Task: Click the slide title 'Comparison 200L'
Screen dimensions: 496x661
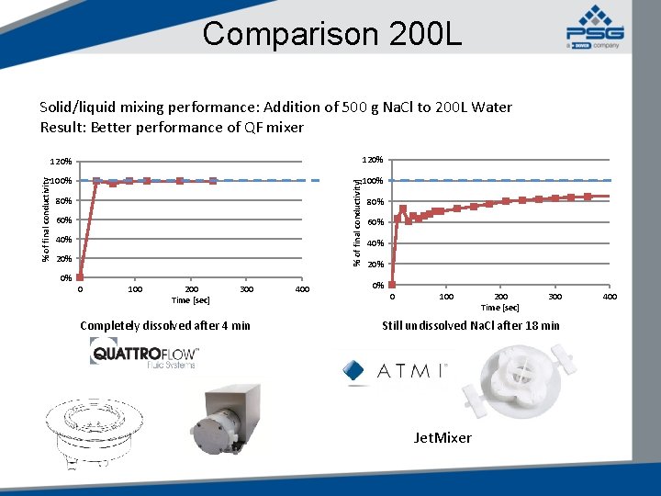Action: (332, 34)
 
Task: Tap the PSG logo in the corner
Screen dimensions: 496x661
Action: (594, 27)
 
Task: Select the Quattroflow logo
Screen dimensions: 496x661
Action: (144, 354)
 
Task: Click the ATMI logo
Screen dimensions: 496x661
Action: (394, 371)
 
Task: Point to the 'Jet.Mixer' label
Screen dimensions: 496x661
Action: (443, 438)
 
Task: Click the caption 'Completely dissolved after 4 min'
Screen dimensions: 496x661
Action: (165, 325)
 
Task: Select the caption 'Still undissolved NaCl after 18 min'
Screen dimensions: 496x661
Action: (471, 325)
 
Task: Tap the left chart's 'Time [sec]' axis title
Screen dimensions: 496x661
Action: (190, 300)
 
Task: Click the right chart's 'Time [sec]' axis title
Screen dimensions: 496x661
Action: (500, 308)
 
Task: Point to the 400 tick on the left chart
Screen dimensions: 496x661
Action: (302, 290)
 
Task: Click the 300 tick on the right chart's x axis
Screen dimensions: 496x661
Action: (555, 297)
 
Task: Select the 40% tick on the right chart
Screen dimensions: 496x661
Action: (375, 243)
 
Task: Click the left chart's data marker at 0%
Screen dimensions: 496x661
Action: (80, 276)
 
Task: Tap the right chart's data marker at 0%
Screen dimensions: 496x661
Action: (392, 285)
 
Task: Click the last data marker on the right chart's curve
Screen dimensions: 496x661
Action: (588, 197)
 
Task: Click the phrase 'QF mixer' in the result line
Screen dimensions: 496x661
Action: (273, 128)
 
